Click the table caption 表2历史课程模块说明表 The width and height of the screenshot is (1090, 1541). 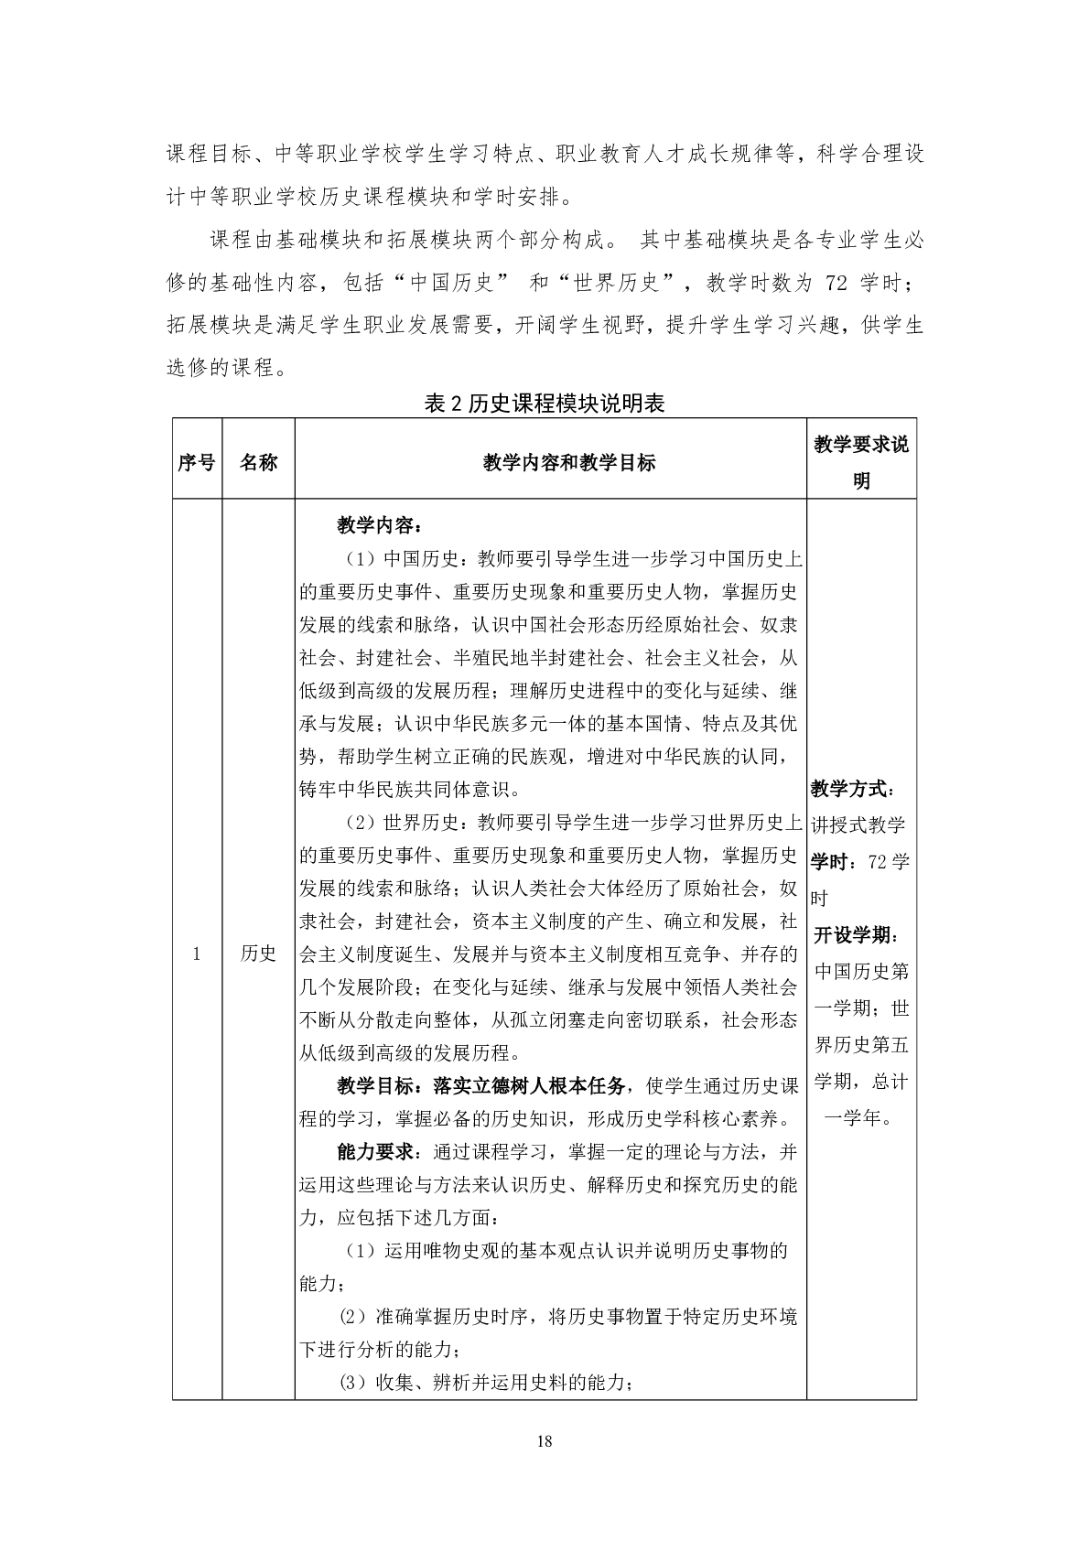pyautogui.click(x=545, y=404)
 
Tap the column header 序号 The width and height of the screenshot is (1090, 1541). pyautogui.click(x=196, y=462)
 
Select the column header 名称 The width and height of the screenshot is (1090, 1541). pyautogui.click(x=258, y=462)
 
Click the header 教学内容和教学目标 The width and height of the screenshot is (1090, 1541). pyautogui.click(x=568, y=462)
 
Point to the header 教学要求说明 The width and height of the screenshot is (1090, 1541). pyautogui.click(x=860, y=462)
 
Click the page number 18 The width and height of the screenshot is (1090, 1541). pyautogui.click(x=545, y=1441)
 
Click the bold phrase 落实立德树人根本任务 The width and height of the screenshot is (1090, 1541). pyautogui.click(x=528, y=1085)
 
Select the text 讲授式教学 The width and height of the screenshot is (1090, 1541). pyautogui.click(x=858, y=825)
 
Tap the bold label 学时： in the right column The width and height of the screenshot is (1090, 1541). pyautogui.click(x=834, y=862)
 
